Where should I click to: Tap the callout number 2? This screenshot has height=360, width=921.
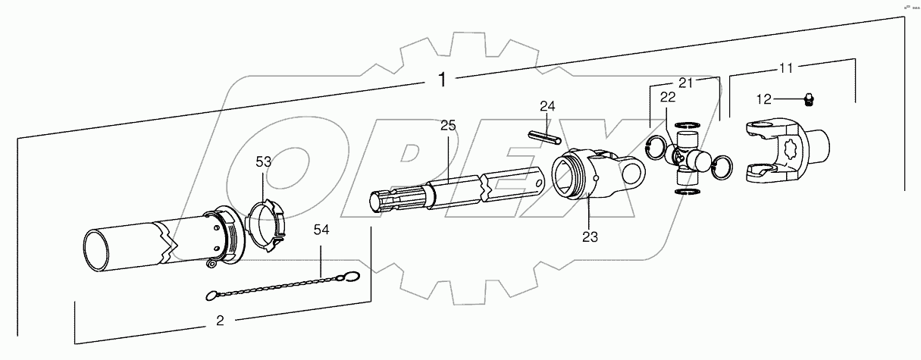tap(220, 321)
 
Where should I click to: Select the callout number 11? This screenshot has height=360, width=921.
tap(786, 68)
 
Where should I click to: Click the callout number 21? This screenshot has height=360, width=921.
tap(686, 83)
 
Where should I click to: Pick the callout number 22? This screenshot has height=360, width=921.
tap(668, 98)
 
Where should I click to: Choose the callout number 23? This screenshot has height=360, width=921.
tap(590, 236)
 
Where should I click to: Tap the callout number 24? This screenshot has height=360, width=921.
tap(548, 106)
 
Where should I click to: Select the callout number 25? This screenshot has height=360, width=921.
tap(448, 126)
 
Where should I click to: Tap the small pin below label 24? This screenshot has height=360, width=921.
tap(544, 136)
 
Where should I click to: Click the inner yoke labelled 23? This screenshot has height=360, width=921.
tap(595, 174)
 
